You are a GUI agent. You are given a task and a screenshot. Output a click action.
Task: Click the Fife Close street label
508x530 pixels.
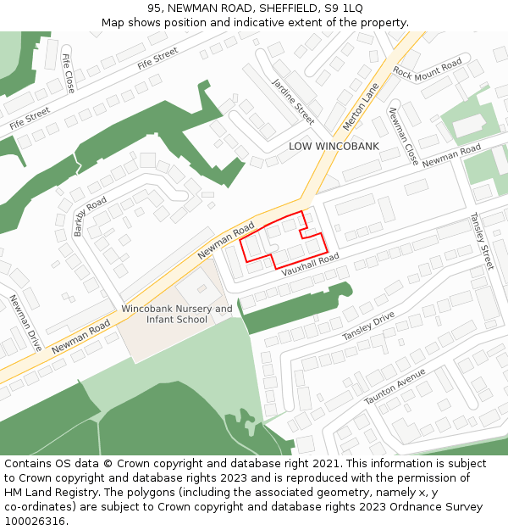[x=69, y=73]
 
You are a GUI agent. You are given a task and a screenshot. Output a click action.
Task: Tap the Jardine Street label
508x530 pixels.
[x=293, y=101]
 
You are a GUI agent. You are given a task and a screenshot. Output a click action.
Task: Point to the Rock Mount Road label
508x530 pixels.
[x=428, y=70]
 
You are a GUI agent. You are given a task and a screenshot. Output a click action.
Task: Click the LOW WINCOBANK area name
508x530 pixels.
[x=334, y=146]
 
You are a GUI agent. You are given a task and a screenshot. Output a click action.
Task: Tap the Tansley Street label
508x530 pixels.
[x=482, y=241]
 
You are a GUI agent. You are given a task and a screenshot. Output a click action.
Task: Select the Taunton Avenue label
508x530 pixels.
[x=395, y=387]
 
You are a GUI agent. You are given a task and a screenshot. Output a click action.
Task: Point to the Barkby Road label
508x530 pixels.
[x=91, y=215]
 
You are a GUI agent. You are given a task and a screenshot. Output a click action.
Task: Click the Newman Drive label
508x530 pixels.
[x=25, y=323]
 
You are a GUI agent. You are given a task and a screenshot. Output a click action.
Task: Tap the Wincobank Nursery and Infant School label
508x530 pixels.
[x=177, y=314]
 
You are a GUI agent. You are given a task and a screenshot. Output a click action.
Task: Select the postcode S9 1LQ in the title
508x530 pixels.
[x=343, y=8]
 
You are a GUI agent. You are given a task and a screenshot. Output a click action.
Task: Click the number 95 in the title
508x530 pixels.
[x=154, y=8]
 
